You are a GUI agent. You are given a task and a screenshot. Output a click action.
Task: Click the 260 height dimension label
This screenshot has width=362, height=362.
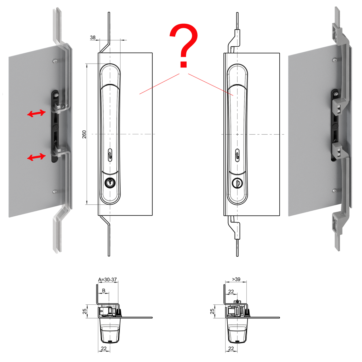(84, 134)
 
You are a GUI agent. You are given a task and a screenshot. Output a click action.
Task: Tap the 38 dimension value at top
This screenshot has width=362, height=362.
(93, 37)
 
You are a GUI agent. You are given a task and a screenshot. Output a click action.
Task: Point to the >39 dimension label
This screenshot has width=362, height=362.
(236, 280)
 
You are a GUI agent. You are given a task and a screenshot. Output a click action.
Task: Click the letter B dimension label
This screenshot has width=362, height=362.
(104, 291)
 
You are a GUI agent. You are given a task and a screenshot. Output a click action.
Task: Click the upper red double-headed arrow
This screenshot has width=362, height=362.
(36, 113)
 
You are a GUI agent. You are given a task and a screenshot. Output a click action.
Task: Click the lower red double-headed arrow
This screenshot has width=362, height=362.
(36, 157)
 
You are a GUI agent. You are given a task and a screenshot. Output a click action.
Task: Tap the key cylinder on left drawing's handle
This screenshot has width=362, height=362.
(110, 183)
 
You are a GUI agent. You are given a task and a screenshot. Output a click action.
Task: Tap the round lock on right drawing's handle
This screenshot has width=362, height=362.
(237, 183)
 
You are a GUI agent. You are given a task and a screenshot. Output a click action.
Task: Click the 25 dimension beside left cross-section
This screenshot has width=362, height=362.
(84, 311)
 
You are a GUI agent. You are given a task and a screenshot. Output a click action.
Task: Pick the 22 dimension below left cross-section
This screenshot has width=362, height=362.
(104, 349)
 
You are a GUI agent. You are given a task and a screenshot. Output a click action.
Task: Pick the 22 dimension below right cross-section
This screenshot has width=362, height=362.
(231, 349)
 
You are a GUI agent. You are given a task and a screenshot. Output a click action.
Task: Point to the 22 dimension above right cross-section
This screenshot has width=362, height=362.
(231, 291)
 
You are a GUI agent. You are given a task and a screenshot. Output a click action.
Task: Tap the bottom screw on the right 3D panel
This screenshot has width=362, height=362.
(334, 191)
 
